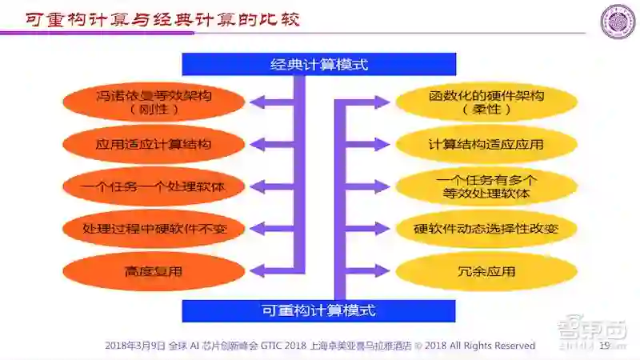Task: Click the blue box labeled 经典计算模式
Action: coord(318,64)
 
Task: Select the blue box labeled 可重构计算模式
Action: coord(318,310)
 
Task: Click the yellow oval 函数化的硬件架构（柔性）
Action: coord(486,102)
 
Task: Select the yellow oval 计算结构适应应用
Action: coord(486,144)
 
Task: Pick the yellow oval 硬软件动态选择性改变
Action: coord(486,229)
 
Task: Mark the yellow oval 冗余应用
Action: coord(486,271)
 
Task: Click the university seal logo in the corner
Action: coord(618,22)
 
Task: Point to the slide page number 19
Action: coord(605,346)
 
